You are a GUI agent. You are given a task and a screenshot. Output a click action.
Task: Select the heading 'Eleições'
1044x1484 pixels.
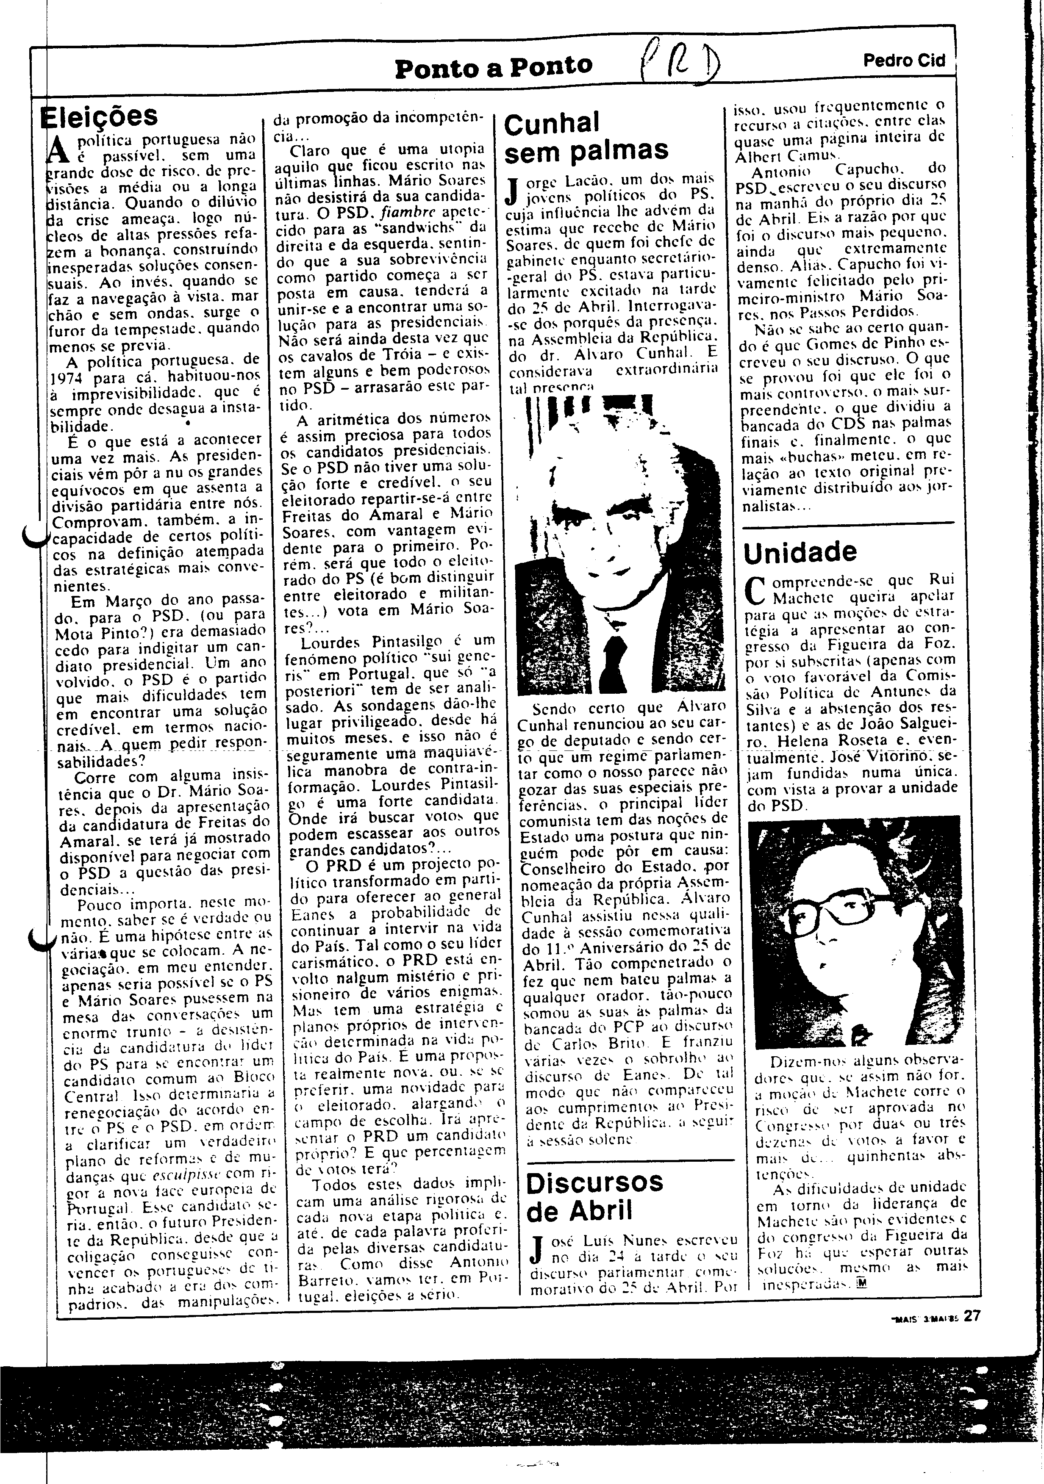coord(100,116)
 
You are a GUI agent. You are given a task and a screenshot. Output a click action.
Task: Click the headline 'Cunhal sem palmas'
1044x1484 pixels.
coord(585,137)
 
